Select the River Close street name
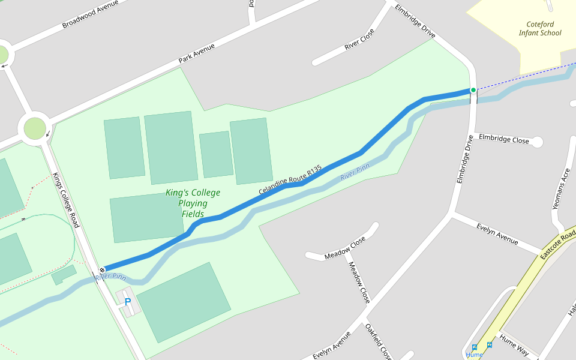click(359, 39)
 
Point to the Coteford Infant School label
click(540, 29)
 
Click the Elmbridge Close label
click(504, 139)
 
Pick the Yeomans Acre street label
click(564, 188)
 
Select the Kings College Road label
click(66, 200)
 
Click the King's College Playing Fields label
click(193, 203)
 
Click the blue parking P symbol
click(127, 302)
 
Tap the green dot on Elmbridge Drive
click(473, 90)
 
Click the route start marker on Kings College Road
click(103, 269)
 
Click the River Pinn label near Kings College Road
click(110, 277)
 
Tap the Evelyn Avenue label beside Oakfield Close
click(331, 346)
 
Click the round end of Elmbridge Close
click(537, 142)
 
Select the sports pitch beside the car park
click(184, 302)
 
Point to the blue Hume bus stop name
click(474, 355)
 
